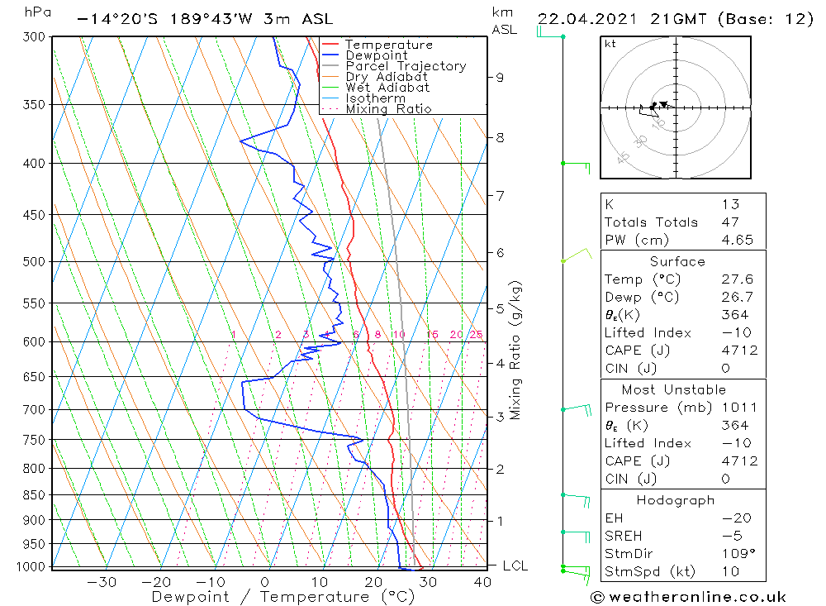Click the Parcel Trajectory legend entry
click(406, 66)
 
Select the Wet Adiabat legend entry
click(387, 88)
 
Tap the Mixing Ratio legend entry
click(388, 108)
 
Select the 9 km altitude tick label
click(500, 78)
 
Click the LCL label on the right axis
click(515, 566)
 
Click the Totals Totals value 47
click(729, 222)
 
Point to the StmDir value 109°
click(737, 554)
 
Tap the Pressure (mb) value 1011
click(738, 408)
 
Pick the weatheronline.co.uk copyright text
click(688, 597)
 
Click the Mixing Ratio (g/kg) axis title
click(516, 350)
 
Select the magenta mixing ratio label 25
click(476, 335)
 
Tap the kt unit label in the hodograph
click(610, 44)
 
